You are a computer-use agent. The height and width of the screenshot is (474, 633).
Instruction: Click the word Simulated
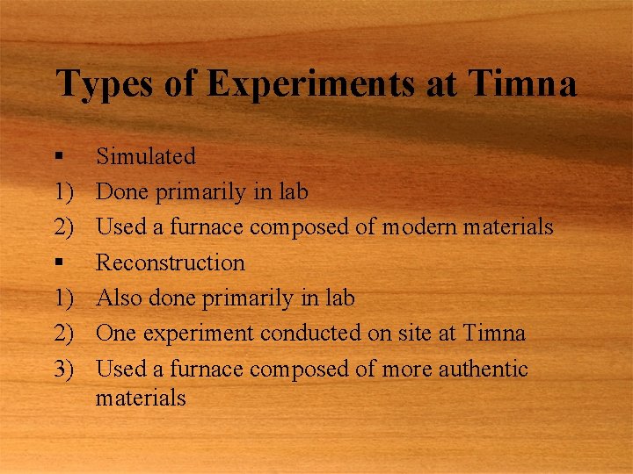pos(146,156)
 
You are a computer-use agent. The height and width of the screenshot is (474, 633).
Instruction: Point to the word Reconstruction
pos(171,262)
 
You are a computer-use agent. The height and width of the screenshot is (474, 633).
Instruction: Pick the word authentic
pos(478,369)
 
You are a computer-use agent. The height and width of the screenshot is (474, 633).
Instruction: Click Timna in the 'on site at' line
pos(494,334)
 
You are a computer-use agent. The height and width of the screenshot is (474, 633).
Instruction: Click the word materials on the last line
pos(141,398)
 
